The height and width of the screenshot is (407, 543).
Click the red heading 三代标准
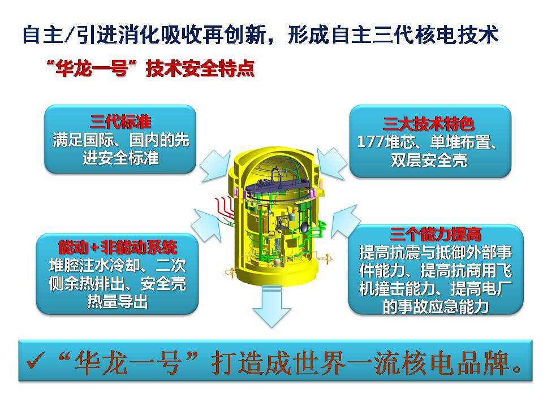coord(120,122)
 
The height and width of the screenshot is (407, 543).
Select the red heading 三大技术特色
coord(428,124)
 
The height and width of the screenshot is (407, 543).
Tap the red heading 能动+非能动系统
coord(118,247)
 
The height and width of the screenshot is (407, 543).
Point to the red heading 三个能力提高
coord(436,234)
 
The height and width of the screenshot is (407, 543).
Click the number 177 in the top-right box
coord(370,142)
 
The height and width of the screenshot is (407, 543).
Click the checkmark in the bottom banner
coord(35,361)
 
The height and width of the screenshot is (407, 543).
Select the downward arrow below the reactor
coord(271,306)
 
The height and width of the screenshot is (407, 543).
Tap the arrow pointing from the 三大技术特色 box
coord(332,163)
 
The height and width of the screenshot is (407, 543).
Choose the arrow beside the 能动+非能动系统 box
coord(207,225)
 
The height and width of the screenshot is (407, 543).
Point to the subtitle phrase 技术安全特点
coord(200,68)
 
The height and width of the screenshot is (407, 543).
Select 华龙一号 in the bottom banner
coord(127,363)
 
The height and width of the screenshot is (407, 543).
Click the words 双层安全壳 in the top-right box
coord(429,160)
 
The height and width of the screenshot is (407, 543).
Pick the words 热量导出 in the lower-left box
coord(118,301)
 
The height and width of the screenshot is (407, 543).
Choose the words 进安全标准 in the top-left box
coord(120,158)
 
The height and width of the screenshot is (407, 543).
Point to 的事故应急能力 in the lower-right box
coord(436,306)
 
